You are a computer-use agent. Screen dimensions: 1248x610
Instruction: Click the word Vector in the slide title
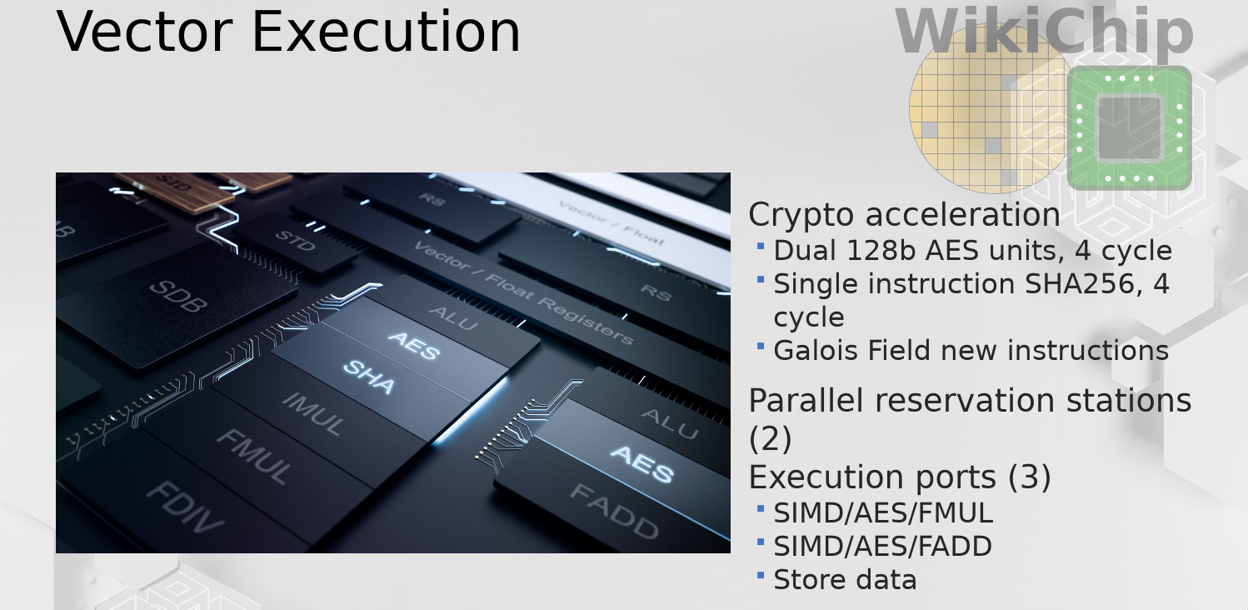(144, 32)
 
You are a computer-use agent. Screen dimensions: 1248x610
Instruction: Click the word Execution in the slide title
(386, 32)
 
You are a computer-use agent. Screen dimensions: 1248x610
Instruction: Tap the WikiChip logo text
(1044, 31)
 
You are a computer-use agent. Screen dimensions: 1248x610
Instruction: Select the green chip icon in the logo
(1130, 128)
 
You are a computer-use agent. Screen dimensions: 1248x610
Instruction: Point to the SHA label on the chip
(369, 377)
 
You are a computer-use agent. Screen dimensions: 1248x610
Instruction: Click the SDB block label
(179, 295)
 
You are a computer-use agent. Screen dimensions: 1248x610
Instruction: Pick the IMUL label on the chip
(314, 414)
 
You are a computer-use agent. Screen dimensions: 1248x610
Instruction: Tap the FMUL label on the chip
(254, 456)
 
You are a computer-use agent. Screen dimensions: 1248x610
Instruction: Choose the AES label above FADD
(642, 463)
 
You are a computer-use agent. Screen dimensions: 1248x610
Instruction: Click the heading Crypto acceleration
(904, 215)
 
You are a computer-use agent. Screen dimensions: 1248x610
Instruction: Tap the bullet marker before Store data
(761, 574)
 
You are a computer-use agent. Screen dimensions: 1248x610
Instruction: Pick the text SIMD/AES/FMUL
(883, 513)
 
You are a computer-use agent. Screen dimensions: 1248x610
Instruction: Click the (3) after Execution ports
(1030, 477)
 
